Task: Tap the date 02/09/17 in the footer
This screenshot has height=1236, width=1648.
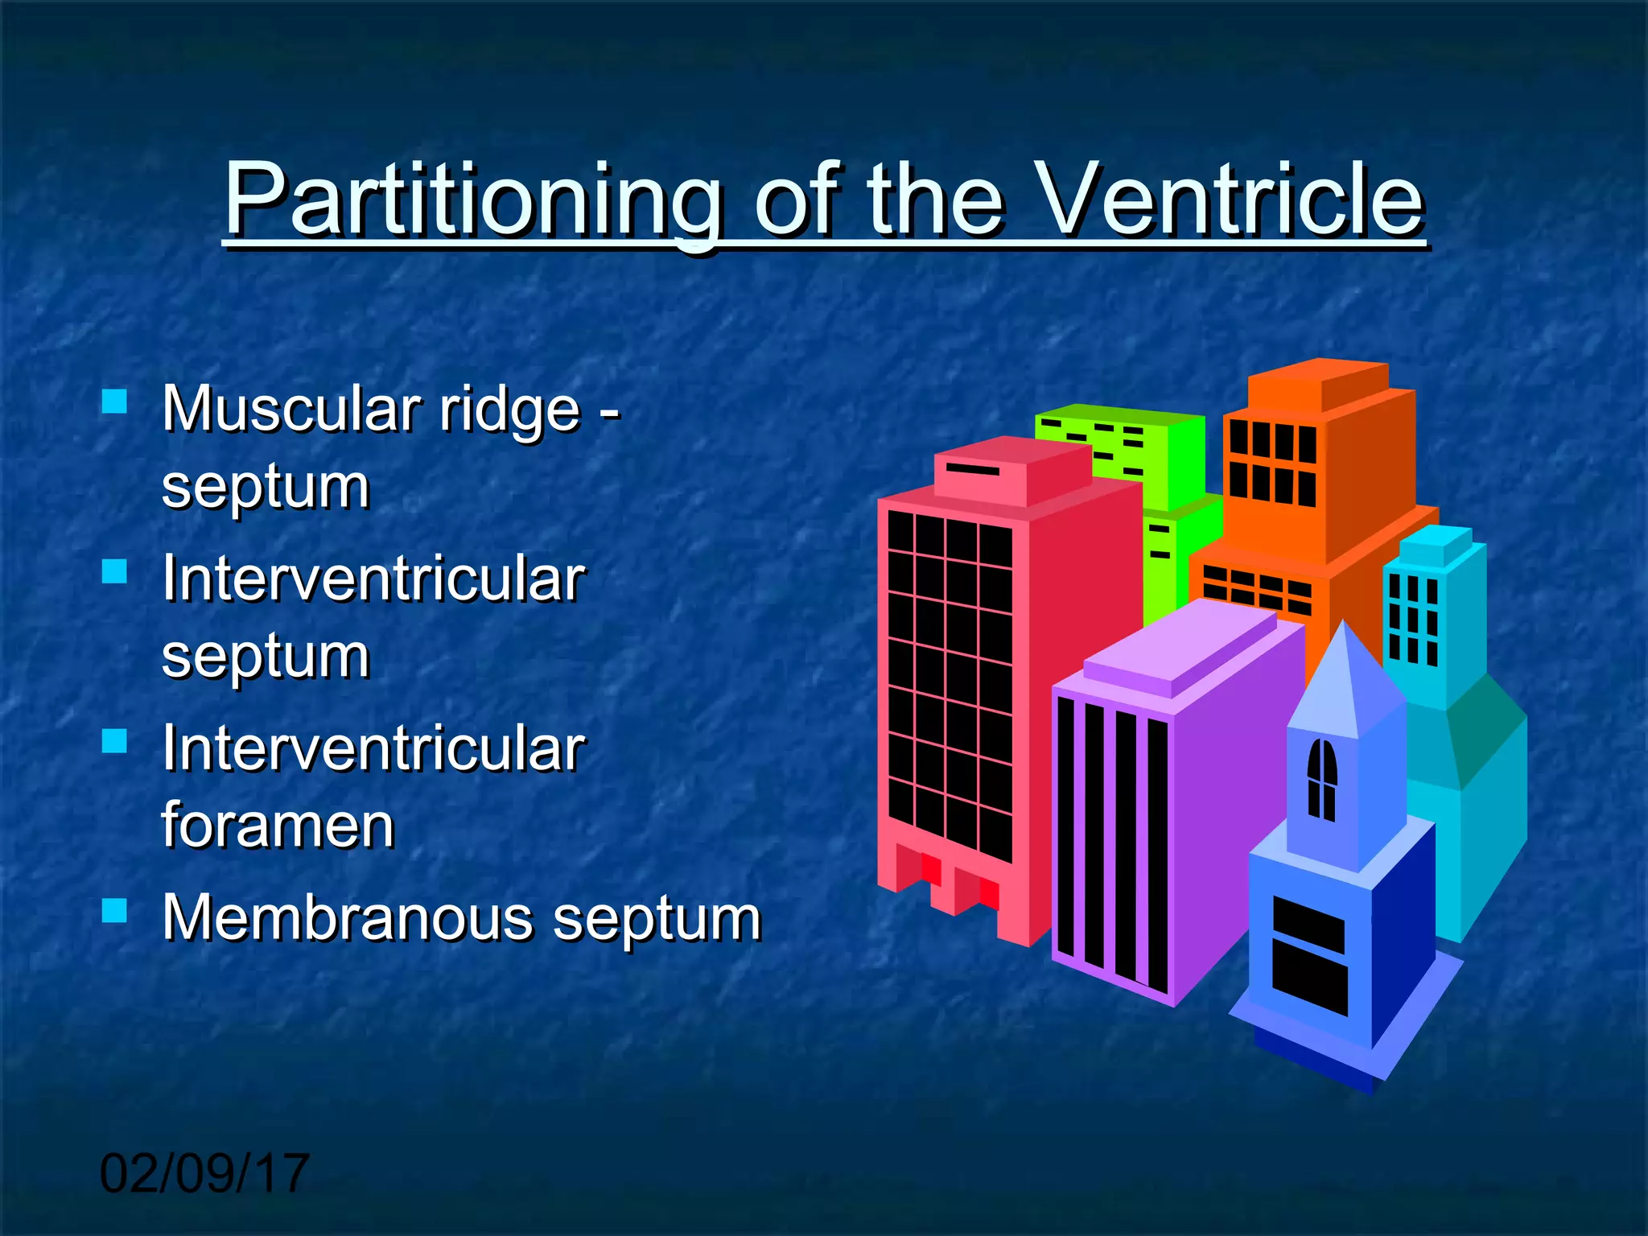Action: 204,1172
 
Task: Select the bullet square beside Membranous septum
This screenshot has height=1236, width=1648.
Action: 115,910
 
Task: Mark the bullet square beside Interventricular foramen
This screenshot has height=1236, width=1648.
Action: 115,740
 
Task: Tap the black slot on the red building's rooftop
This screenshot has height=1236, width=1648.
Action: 972,468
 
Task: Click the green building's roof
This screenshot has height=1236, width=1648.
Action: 1119,414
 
